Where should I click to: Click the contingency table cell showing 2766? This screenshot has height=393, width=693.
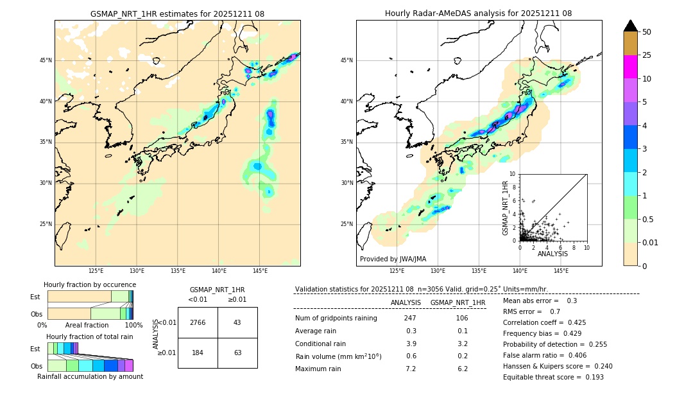tap(198, 322)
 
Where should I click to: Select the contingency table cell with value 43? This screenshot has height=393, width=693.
tap(237, 322)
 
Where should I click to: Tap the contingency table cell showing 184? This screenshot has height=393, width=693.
tap(198, 353)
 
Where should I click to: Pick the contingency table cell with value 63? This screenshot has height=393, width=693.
tap(237, 353)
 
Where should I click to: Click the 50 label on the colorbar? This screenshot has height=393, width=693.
tap(647, 32)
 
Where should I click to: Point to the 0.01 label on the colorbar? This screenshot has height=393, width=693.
tap(651, 242)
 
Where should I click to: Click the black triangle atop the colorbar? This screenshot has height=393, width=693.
tap(631, 26)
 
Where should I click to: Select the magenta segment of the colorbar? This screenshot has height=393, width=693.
tap(631, 67)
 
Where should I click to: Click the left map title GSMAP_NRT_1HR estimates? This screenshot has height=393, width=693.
tap(177, 13)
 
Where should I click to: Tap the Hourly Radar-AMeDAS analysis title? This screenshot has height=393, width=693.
tap(479, 13)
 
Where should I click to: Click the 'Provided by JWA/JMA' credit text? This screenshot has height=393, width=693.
tap(393, 259)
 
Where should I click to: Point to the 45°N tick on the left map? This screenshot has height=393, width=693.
tap(46, 60)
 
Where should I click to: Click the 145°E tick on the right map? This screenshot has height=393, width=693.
tap(561, 271)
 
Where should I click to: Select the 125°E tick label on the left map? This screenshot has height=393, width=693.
tap(96, 271)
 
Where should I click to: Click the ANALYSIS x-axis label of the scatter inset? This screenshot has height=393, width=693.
tap(552, 254)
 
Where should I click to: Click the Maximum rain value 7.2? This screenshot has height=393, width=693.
tap(411, 369)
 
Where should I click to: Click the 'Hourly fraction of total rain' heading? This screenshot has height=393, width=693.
tap(90, 336)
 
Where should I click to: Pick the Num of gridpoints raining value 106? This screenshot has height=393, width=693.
tap(462, 318)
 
